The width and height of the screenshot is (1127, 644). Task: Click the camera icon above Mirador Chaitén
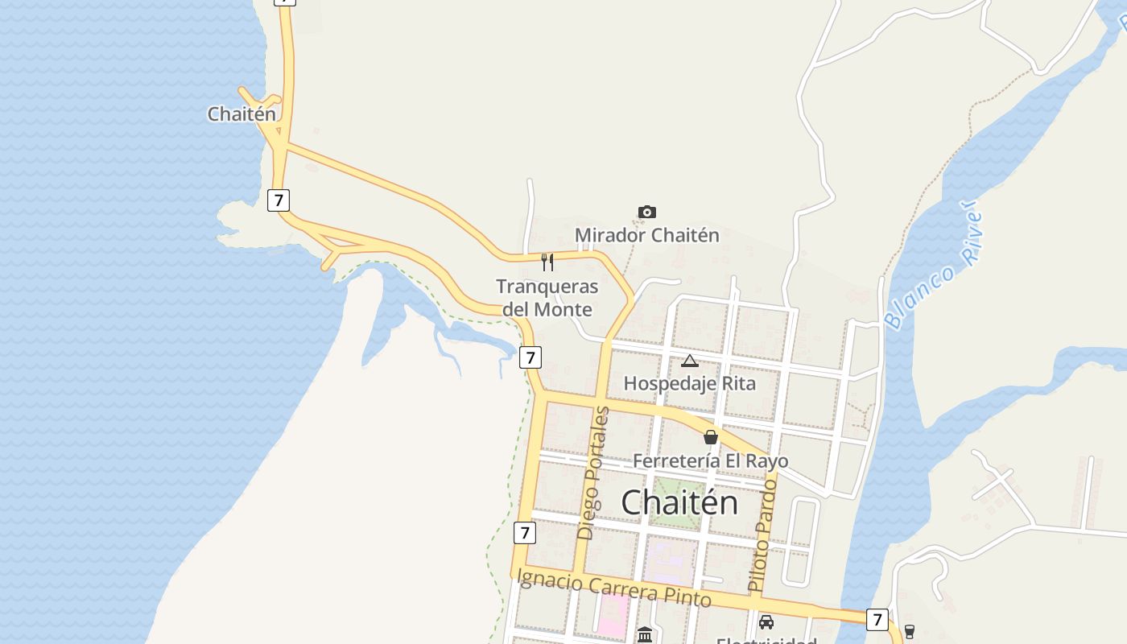click(x=646, y=213)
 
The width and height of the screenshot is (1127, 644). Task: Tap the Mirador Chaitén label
click(x=646, y=235)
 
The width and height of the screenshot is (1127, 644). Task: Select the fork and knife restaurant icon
click(x=547, y=262)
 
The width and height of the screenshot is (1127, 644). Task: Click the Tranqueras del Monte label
click(x=547, y=298)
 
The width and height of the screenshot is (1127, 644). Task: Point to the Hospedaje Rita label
click(x=690, y=383)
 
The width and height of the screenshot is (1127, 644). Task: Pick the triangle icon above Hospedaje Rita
click(x=689, y=361)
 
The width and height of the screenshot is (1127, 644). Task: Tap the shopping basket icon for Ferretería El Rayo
click(x=711, y=437)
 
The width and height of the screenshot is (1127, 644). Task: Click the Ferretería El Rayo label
click(x=711, y=460)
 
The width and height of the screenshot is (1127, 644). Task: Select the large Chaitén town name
click(x=679, y=502)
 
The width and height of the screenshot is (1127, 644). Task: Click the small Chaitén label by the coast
click(x=242, y=114)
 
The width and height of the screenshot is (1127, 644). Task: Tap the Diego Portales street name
click(x=593, y=473)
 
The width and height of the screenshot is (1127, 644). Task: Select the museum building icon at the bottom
click(x=645, y=635)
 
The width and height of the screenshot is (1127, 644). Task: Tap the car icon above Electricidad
click(x=766, y=622)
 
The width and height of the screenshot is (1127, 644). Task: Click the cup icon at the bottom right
click(x=910, y=631)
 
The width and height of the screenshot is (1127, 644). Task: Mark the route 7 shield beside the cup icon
click(x=877, y=620)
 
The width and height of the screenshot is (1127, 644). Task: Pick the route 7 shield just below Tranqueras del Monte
click(x=530, y=357)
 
